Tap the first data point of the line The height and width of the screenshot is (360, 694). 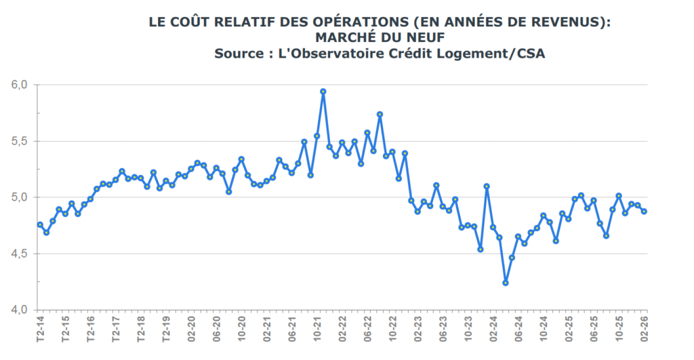pos(40,224)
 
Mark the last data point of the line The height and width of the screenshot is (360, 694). pos(644,211)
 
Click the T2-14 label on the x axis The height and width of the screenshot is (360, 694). pos(40,327)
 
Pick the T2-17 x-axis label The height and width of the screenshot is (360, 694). pos(116,327)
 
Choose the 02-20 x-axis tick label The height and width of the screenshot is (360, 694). pos(191,327)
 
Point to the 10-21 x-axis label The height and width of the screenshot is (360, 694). pos(317,327)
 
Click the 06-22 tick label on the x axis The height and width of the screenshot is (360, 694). pos(367,327)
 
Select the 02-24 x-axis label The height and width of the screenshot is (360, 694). pos(493,327)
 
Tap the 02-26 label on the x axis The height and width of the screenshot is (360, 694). pos(644,327)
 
